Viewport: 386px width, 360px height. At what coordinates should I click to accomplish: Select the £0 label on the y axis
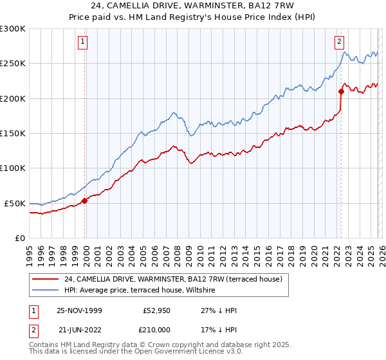[x=19, y=238]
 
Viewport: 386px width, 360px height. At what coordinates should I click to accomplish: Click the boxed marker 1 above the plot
[x=84, y=42]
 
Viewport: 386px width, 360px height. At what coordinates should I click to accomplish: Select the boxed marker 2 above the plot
[x=339, y=42]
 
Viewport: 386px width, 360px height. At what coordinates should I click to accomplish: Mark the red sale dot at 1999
[x=85, y=201]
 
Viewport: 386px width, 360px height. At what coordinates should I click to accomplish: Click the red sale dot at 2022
[x=340, y=91]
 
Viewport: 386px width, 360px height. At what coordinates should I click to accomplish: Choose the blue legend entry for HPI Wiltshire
[x=143, y=291]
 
